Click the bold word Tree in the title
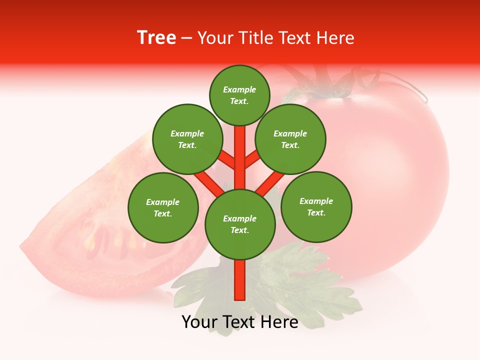click(156, 38)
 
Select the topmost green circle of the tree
click(239, 95)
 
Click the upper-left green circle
click(187, 139)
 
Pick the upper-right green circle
click(290, 139)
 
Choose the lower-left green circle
click(163, 207)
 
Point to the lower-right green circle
click(316, 206)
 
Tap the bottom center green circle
click(240, 224)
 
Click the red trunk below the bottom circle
click(240, 280)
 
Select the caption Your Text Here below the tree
click(240, 322)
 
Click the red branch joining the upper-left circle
click(227, 160)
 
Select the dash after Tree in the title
click(186, 38)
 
